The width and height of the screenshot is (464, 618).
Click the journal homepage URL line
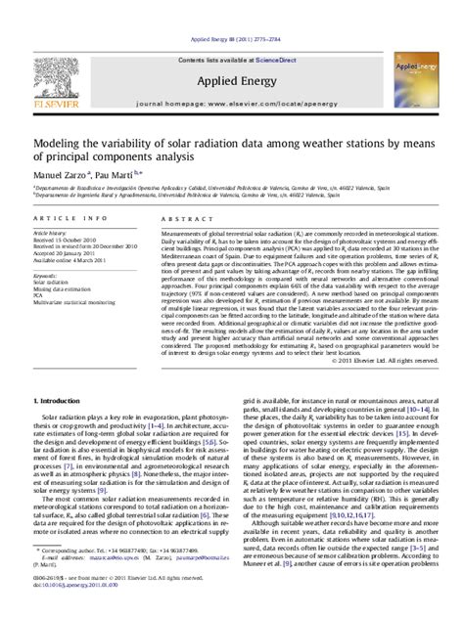pyautogui.click(x=232, y=74)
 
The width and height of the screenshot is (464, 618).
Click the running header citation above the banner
pyautogui.click(x=232, y=8)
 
